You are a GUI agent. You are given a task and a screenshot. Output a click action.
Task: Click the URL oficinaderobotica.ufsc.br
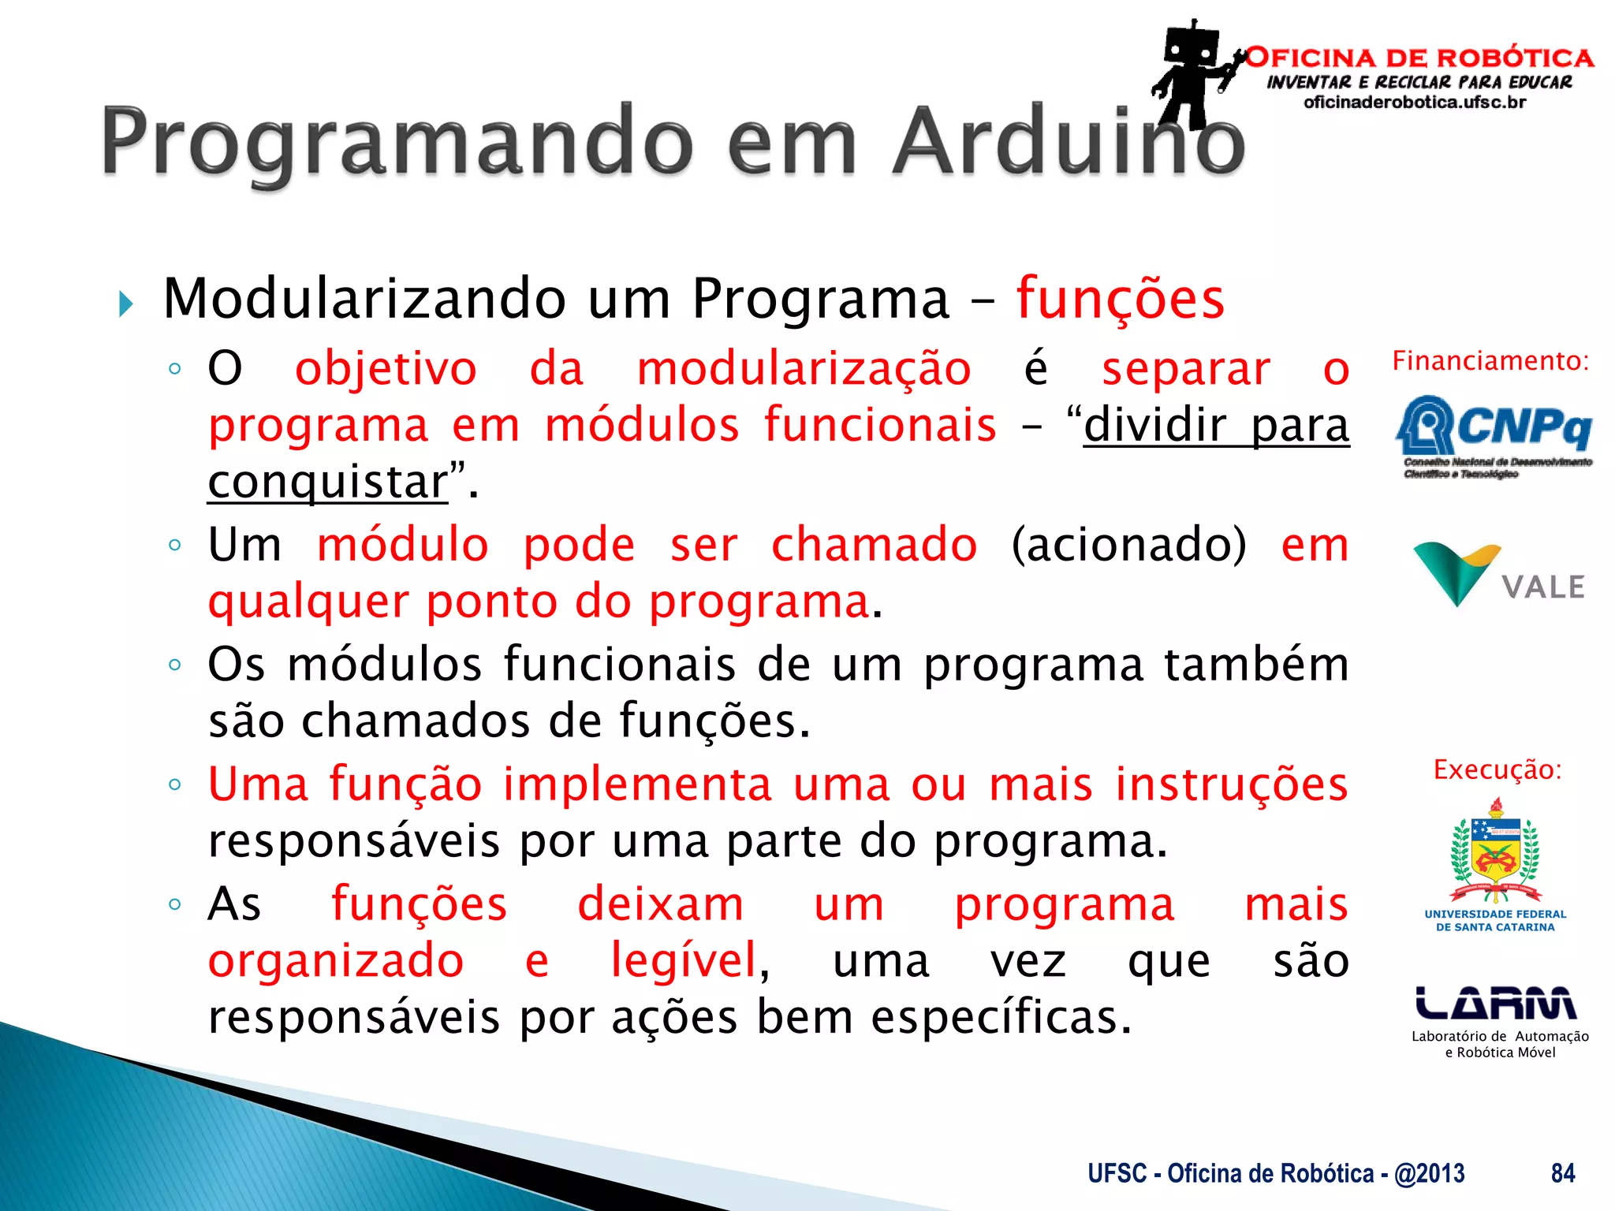pyautogui.click(x=1415, y=102)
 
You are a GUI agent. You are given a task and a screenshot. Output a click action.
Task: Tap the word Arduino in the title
pyautogui.click(x=1069, y=142)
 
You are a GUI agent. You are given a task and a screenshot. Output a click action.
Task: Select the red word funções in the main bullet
pyautogui.click(x=1120, y=300)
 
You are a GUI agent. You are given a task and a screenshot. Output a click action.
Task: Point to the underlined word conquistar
pyautogui.click(x=327, y=482)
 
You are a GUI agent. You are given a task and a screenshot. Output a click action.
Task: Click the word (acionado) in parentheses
pyautogui.click(x=1129, y=545)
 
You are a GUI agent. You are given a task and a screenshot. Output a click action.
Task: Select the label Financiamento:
pyautogui.click(x=1490, y=361)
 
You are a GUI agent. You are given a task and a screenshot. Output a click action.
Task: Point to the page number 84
pyautogui.click(x=1563, y=1174)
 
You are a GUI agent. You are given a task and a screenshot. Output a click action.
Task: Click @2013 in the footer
pyautogui.click(x=1430, y=1174)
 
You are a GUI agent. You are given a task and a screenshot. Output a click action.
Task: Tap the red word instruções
pyautogui.click(x=1231, y=785)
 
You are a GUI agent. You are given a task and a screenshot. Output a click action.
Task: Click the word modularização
pyautogui.click(x=804, y=369)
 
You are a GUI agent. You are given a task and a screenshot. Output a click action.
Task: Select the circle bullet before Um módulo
pyautogui.click(x=175, y=545)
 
